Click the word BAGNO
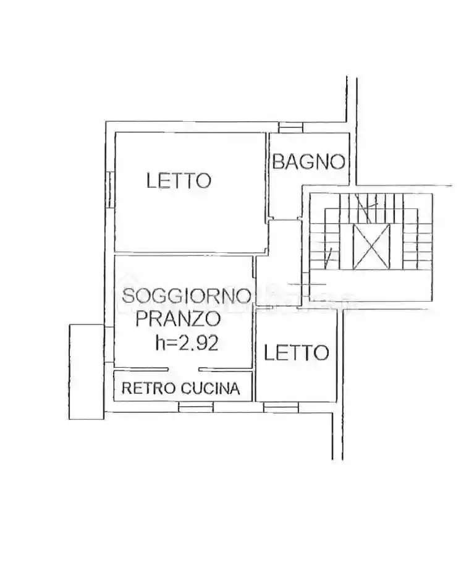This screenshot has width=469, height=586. coord(308,162)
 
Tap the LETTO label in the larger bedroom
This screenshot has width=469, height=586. coord(179,180)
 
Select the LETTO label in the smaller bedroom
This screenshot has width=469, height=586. coord(296,352)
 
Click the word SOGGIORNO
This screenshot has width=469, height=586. coord(187,295)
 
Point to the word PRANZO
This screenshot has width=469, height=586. coord(178,319)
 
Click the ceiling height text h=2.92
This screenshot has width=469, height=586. coord(186,343)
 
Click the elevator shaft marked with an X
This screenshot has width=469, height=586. coord(371,247)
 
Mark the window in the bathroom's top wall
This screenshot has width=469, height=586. coord(290,127)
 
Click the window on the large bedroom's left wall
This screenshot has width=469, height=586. coord(109,189)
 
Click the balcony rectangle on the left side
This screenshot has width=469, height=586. coord(85,371)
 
